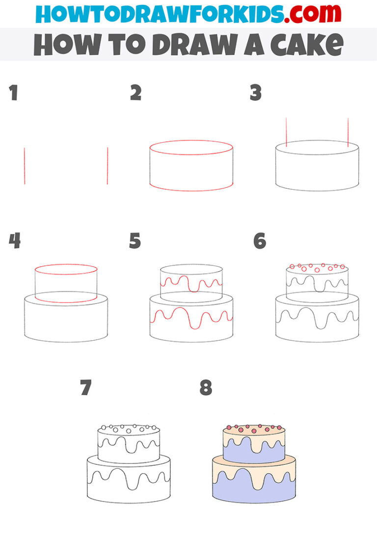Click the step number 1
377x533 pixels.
click(x=13, y=93)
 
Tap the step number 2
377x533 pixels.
click(x=135, y=93)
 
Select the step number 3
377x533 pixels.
click(x=255, y=93)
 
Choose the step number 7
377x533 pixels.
click(x=86, y=388)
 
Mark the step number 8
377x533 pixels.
click(x=206, y=388)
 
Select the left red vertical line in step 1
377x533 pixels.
click(x=24, y=166)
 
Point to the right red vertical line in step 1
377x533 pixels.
click(x=107, y=166)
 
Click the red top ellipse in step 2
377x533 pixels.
click(x=191, y=141)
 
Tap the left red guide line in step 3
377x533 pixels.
click(x=286, y=132)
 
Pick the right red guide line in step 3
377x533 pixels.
click(x=348, y=132)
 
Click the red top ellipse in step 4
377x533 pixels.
click(x=66, y=265)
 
